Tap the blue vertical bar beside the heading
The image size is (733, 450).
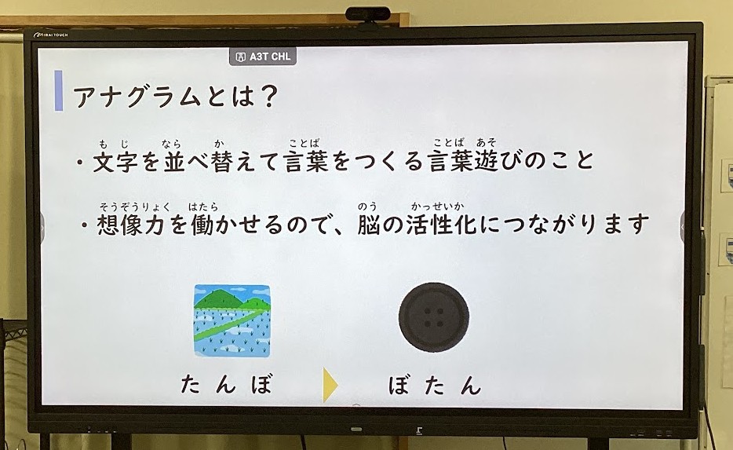coord(58,90)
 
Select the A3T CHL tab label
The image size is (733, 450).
coord(263,57)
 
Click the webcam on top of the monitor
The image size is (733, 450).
coord(367,14)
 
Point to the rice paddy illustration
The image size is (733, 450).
coord(232,321)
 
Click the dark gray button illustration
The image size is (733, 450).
coord(433,317)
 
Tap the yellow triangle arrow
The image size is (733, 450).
coord(330,385)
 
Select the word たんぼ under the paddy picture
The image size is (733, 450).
coord(226,385)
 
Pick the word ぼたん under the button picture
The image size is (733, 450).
coord(434,385)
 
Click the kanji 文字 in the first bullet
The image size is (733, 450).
coord(115,161)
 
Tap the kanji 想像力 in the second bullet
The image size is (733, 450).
coord(130,225)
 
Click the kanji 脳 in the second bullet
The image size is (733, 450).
coord(370,225)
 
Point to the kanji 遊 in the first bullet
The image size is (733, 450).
coord(486,161)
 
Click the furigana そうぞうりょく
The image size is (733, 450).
coord(135,207)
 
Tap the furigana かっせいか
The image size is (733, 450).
coord(438,206)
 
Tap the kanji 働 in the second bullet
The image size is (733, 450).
coord(202,225)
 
